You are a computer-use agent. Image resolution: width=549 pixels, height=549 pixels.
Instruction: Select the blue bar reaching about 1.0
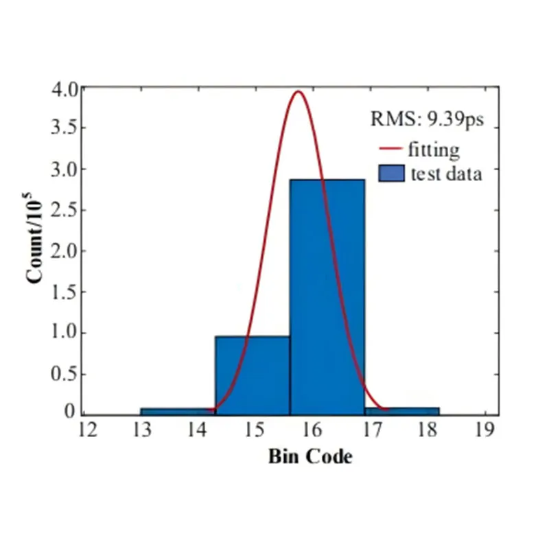click(x=252, y=375)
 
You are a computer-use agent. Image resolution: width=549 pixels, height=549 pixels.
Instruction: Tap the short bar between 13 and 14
click(x=177, y=412)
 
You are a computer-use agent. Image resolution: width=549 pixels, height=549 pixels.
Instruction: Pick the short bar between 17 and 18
click(x=401, y=411)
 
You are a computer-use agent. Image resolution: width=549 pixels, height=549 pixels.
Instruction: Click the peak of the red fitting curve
click(x=299, y=92)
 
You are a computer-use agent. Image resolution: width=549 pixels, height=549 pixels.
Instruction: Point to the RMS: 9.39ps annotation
click(x=428, y=119)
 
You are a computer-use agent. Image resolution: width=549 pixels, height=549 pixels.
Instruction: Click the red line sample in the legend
click(x=389, y=149)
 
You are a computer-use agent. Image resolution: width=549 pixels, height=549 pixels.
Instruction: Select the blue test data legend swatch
click(x=390, y=173)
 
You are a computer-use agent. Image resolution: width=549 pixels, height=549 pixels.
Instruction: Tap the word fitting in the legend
click(x=433, y=149)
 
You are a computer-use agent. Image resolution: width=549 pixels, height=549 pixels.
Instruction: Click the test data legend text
click(x=447, y=173)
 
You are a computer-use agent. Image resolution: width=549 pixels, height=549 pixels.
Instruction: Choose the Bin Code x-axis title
click(x=310, y=456)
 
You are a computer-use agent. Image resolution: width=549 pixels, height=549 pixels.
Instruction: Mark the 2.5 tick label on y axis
click(x=65, y=210)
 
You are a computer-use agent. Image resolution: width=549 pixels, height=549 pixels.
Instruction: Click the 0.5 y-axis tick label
click(x=65, y=374)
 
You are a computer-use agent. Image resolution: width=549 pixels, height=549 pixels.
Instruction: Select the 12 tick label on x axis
click(x=86, y=430)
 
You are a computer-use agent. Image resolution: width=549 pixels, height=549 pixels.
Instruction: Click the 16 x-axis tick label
click(x=312, y=430)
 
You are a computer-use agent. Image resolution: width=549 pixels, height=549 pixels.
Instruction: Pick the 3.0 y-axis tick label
click(x=65, y=169)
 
